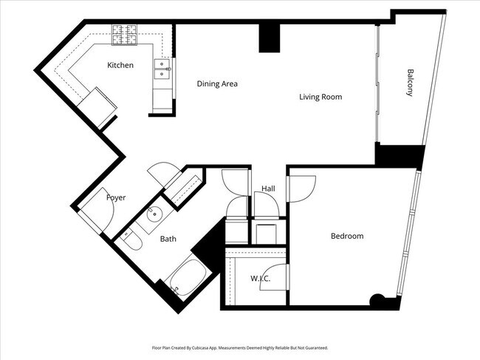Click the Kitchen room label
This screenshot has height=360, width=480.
pyautogui.click(x=120, y=66)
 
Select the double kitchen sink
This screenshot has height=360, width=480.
pyautogui.click(x=162, y=69)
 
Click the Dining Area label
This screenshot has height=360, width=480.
pyautogui.click(x=216, y=84)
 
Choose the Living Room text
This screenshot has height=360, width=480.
pyautogui.click(x=320, y=97)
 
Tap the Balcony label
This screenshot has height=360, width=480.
pyautogui.click(x=409, y=83)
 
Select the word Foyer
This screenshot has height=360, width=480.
pyautogui.click(x=116, y=197)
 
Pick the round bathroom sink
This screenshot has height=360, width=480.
pyautogui.click(x=154, y=215)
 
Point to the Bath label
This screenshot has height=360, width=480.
pyautogui.click(x=168, y=239)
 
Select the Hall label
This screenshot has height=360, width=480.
pyautogui.click(x=268, y=189)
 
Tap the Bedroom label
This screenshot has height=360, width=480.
pyautogui.click(x=346, y=236)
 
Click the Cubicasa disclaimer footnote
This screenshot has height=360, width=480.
pyautogui.click(x=240, y=347)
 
